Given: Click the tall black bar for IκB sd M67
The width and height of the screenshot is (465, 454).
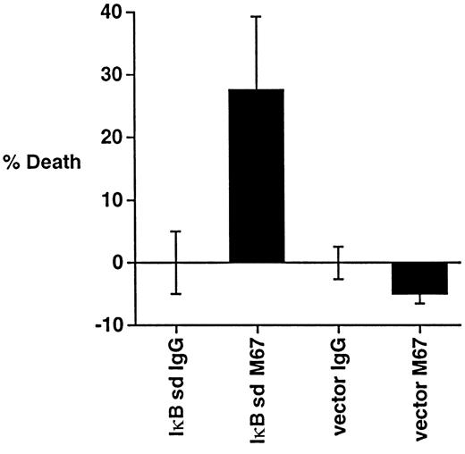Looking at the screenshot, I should (257, 175).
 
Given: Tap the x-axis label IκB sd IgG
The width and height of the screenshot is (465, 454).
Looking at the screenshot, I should (176, 390).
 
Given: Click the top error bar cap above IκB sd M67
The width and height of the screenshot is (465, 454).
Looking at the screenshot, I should (257, 17).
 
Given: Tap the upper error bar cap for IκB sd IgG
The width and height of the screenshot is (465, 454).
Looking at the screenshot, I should (176, 231).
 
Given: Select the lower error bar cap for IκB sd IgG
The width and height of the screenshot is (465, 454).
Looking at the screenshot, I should (176, 293).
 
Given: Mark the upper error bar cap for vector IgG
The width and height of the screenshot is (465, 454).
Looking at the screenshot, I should (339, 247).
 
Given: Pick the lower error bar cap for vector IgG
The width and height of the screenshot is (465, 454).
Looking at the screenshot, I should (339, 279).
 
